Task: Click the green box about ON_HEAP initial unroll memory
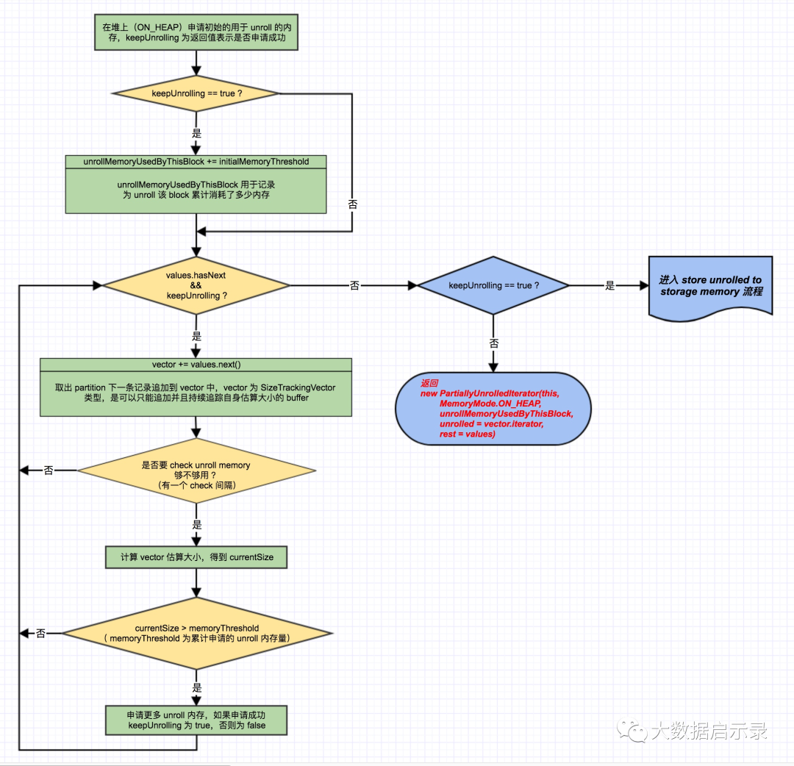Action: pos(196,32)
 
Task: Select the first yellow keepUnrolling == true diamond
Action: pos(196,93)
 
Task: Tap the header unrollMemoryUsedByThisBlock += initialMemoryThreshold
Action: pos(196,162)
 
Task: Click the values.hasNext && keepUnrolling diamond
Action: pos(196,285)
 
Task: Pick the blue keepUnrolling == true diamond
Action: pos(493,285)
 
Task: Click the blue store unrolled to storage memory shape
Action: pos(710,287)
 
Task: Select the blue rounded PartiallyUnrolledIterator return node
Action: pos(493,409)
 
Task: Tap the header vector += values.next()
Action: pos(196,365)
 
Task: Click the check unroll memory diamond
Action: pos(196,470)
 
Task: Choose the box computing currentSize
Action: pos(196,557)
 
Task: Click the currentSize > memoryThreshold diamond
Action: pos(197,634)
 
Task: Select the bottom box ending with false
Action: pos(196,720)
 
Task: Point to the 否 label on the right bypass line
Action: pos(352,204)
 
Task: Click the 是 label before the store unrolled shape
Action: pos(609,285)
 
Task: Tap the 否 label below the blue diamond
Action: pos(494,343)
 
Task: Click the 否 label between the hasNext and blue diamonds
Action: pos(354,285)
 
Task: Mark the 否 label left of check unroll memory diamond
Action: pos(49,470)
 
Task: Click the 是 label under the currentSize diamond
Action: pos(196,687)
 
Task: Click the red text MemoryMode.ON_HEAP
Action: pos(490,404)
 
